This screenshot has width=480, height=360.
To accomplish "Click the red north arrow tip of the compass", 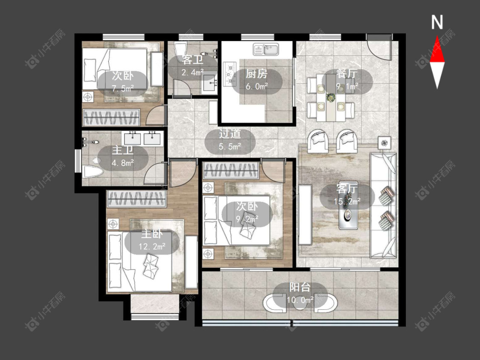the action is (x=437, y=36).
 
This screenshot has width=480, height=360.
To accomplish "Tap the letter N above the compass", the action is (x=437, y=22).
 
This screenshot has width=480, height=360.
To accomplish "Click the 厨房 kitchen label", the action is (x=256, y=74).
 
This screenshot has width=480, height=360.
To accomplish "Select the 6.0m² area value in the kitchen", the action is (x=256, y=86).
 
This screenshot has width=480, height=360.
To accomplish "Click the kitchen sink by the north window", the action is (x=266, y=49).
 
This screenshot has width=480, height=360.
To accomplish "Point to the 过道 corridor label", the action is (x=230, y=134).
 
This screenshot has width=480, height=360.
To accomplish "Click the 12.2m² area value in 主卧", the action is (x=152, y=246).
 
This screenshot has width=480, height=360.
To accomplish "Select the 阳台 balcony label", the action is (x=300, y=287).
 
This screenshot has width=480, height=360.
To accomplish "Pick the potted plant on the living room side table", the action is (x=384, y=142).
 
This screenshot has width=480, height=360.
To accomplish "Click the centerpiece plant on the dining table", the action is (x=331, y=98).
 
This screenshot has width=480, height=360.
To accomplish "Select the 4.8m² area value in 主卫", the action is (x=123, y=163).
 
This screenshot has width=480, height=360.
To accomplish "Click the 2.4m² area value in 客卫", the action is (x=192, y=73).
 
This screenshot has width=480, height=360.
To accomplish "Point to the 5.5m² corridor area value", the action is (x=230, y=147).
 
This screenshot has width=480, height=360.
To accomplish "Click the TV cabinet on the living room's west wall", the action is (x=305, y=214).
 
